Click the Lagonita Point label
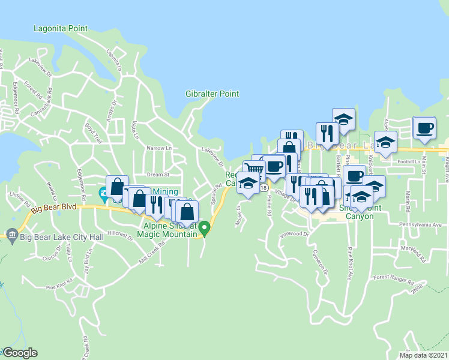(x=61, y=28)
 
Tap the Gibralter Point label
(x=212, y=94)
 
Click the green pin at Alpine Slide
(x=204, y=228)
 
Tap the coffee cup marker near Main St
(x=424, y=128)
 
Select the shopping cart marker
(x=254, y=169)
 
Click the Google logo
(x=20, y=353)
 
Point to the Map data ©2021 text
(x=423, y=355)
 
